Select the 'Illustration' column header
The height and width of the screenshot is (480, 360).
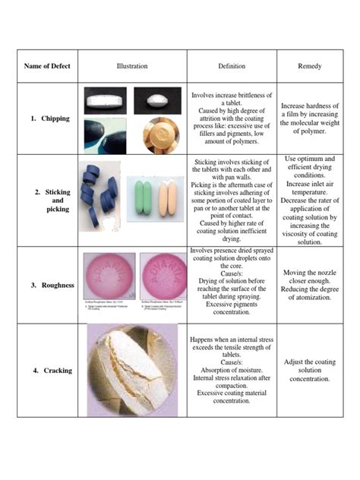click(132, 66)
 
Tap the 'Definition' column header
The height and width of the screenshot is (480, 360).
click(232, 66)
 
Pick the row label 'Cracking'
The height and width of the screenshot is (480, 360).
click(53, 371)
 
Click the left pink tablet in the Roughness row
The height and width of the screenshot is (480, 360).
click(109, 273)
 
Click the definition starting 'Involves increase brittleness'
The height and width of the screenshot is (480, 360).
click(232, 118)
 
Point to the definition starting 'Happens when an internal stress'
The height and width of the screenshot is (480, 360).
click(232, 371)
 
